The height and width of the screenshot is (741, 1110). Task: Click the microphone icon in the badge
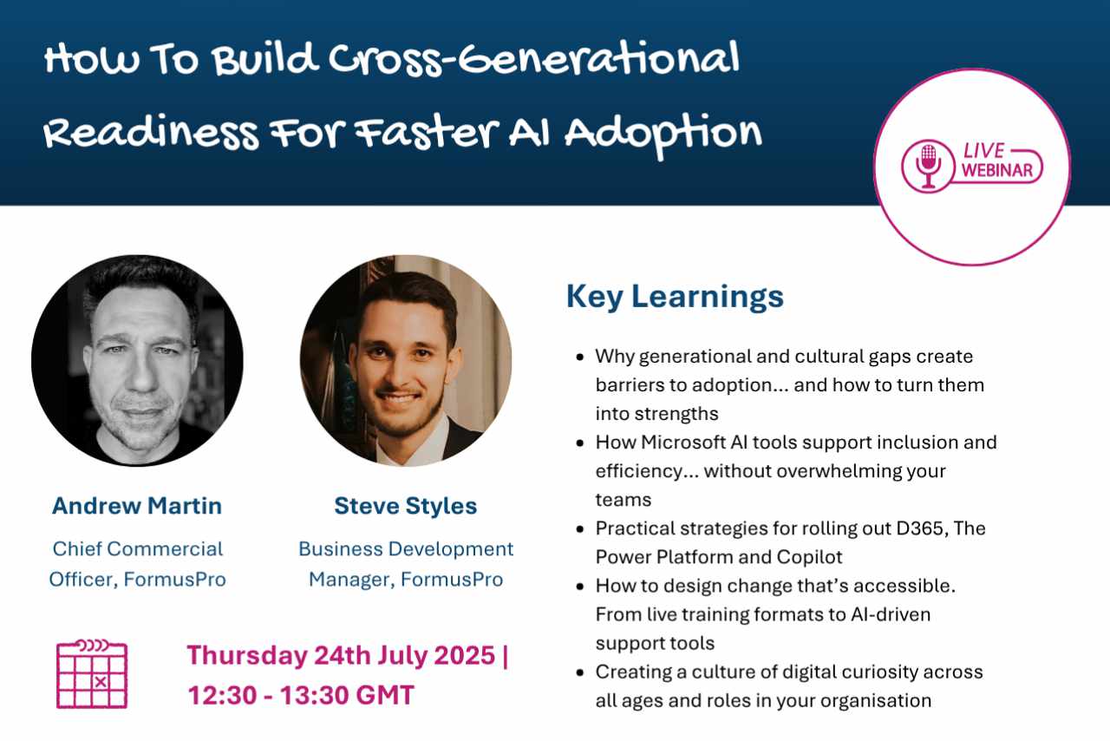[928, 166]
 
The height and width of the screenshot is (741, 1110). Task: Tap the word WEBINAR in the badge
[997, 170]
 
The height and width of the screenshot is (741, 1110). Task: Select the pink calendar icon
[92, 674]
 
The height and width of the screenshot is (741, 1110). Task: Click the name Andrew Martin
[137, 506]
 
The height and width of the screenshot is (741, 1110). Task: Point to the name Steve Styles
[405, 506]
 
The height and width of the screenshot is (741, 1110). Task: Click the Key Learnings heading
[675, 297]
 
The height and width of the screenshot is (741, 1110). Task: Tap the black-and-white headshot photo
[137, 361]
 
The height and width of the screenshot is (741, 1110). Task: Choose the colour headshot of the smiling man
[406, 361]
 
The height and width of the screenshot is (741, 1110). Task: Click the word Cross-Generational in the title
[533, 60]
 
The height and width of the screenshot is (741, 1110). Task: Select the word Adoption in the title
[663, 134]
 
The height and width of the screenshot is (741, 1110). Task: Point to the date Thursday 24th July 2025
[341, 655]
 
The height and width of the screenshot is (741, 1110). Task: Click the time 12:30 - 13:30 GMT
[301, 695]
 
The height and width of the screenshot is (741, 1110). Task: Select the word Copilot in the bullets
[810, 558]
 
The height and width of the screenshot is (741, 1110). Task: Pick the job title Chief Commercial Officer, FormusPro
[137, 564]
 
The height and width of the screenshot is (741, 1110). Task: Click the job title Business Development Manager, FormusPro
[406, 564]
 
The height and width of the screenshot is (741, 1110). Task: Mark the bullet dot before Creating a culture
[580, 672]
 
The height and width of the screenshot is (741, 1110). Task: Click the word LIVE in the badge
[983, 151]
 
